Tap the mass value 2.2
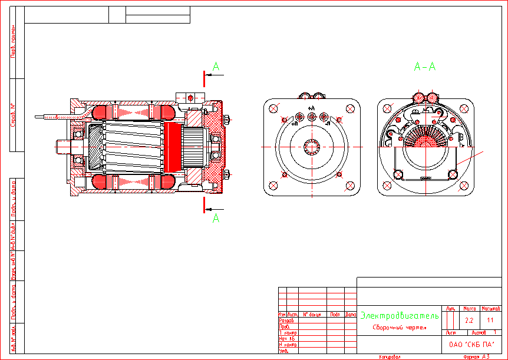coord(469,321)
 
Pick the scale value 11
coord(490,321)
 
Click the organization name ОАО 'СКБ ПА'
coord(471,345)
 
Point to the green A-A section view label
coord(424,67)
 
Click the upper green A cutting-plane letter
coord(216,67)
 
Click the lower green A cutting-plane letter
coord(216,218)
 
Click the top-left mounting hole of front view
coord(273,108)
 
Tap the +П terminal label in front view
coord(294,125)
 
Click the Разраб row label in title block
coord(285,321)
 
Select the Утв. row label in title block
coord(283,351)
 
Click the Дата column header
coord(351,315)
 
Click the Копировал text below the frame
coord(390,356)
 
